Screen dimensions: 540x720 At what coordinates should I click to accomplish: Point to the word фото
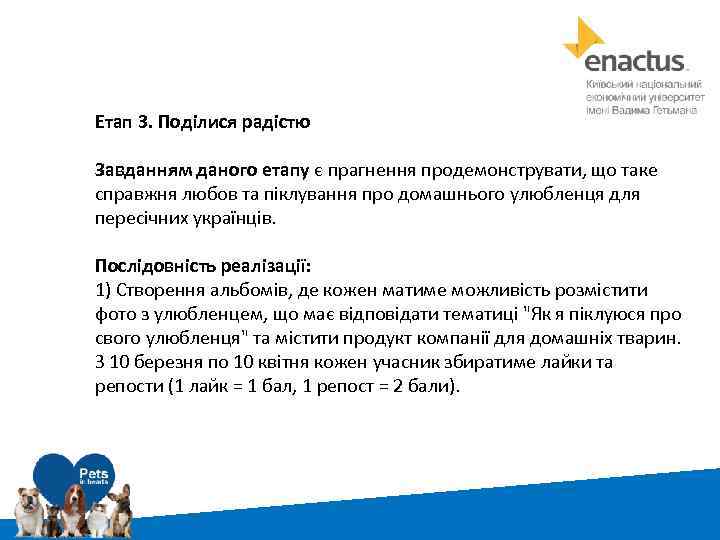point(113,314)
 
